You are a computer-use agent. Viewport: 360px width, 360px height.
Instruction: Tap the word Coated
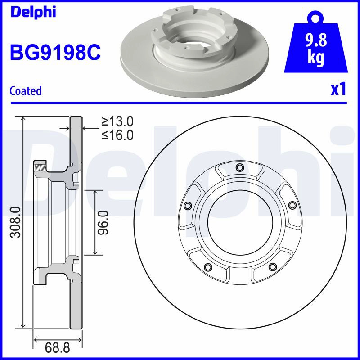(26, 91)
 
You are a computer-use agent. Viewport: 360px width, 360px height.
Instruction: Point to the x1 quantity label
(338, 90)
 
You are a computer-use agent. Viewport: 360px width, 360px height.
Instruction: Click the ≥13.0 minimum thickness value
(117, 121)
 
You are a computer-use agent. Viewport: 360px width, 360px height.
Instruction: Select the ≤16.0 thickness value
(117, 135)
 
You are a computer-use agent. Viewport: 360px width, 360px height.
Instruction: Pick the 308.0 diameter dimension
(17, 222)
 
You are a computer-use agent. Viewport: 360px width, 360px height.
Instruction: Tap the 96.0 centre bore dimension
(103, 222)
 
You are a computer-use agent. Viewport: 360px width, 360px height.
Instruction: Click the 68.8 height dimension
(58, 347)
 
